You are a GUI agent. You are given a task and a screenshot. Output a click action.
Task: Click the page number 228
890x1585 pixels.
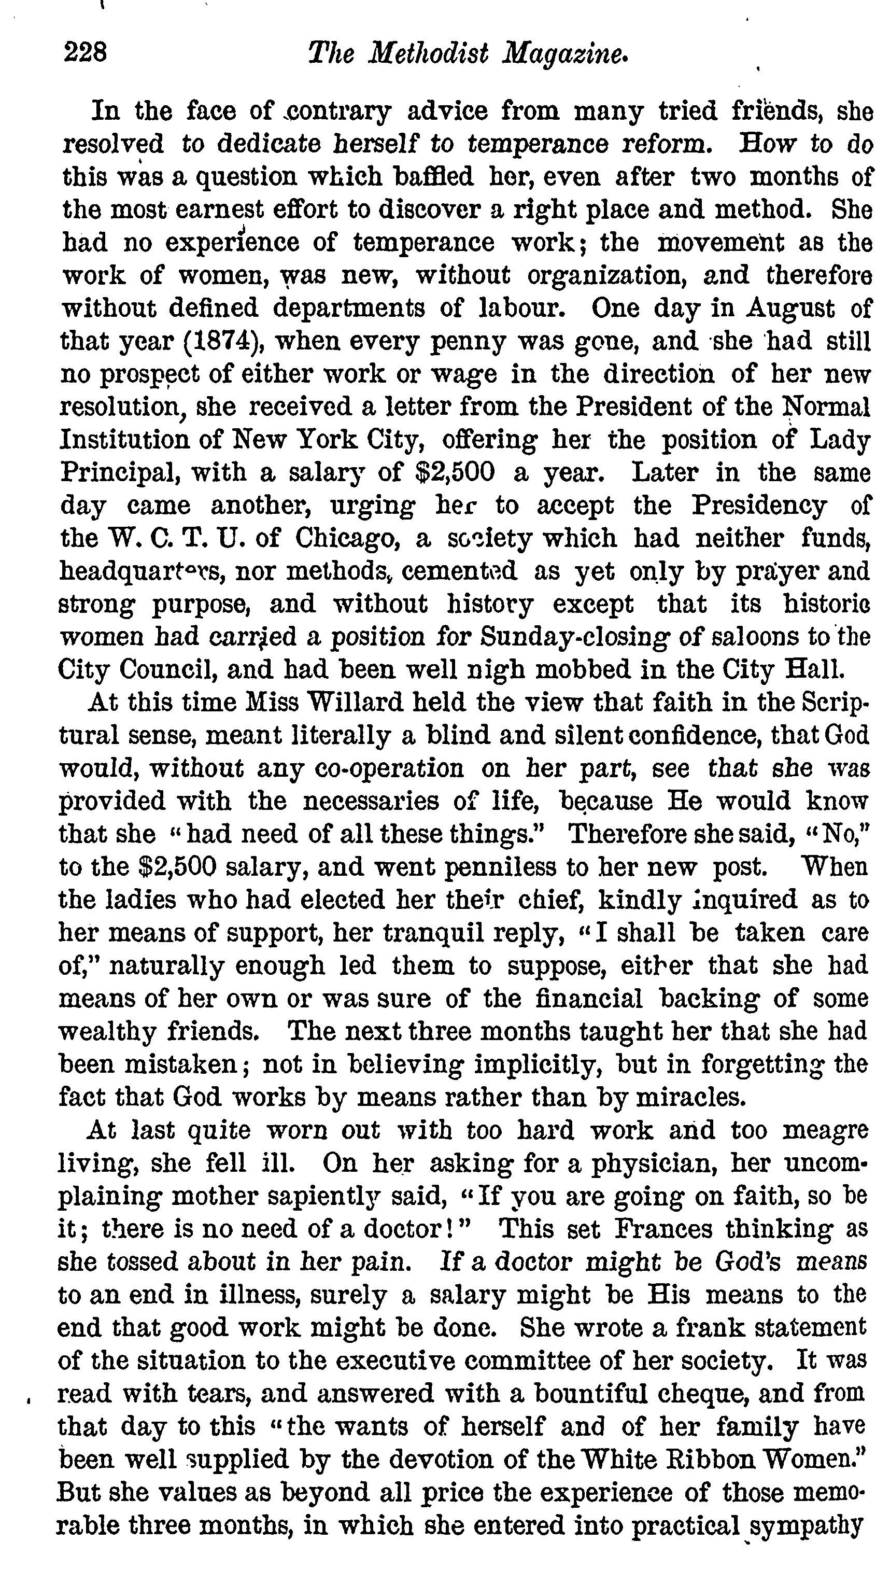pyautogui.click(x=86, y=53)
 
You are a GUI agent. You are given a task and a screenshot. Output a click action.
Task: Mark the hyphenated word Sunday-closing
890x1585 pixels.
pyautogui.click(x=574, y=637)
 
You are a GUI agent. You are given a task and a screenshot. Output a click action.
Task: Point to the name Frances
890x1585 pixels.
pyautogui.click(x=665, y=1229)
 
